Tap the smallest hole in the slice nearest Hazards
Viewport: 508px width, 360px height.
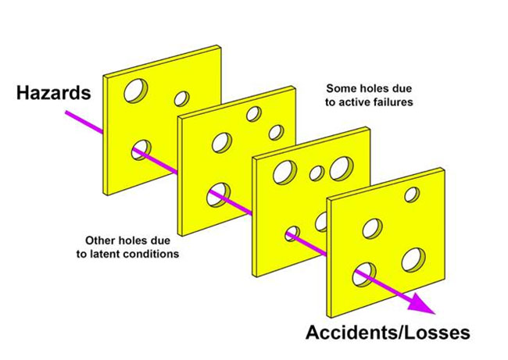(x=181, y=98)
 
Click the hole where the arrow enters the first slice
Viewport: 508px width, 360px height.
(x=141, y=148)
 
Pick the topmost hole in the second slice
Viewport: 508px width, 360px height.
(x=252, y=114)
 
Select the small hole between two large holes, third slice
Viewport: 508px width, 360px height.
(x=317, y=173)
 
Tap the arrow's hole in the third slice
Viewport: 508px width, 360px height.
(x=293, y=232)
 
